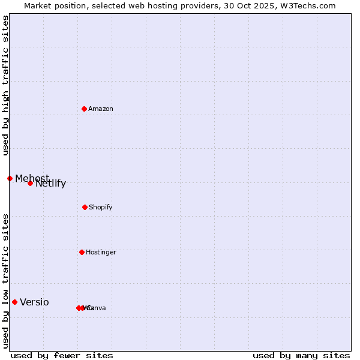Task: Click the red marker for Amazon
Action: [84, 109]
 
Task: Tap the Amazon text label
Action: [101, 109]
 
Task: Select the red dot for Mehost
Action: [10, 178]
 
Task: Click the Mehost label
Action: [32, 178]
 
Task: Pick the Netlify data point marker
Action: [30, 183]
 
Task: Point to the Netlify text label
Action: [51, 184]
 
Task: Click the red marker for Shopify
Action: [85, 207]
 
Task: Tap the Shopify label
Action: [101, 207]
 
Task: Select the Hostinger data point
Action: [82, 252]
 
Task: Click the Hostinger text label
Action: [101, 252]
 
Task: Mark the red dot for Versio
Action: [14, 302]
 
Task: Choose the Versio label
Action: [35, 302]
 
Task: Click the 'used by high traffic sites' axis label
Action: [5, 85]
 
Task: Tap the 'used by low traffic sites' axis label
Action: [5, 281]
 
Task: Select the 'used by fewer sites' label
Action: [62, 355]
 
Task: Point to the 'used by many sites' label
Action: [301, 355]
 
